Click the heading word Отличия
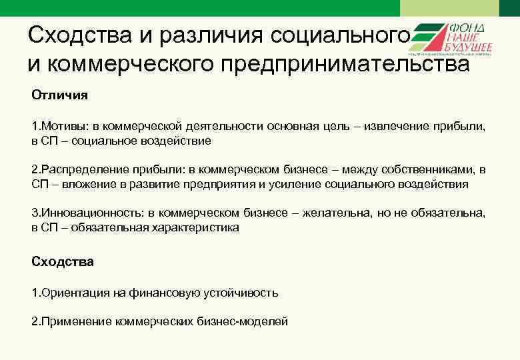tap(59, 95)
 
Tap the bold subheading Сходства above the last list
tap(63, 261)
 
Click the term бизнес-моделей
tap(245, 321)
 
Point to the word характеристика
tap(196, 227)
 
